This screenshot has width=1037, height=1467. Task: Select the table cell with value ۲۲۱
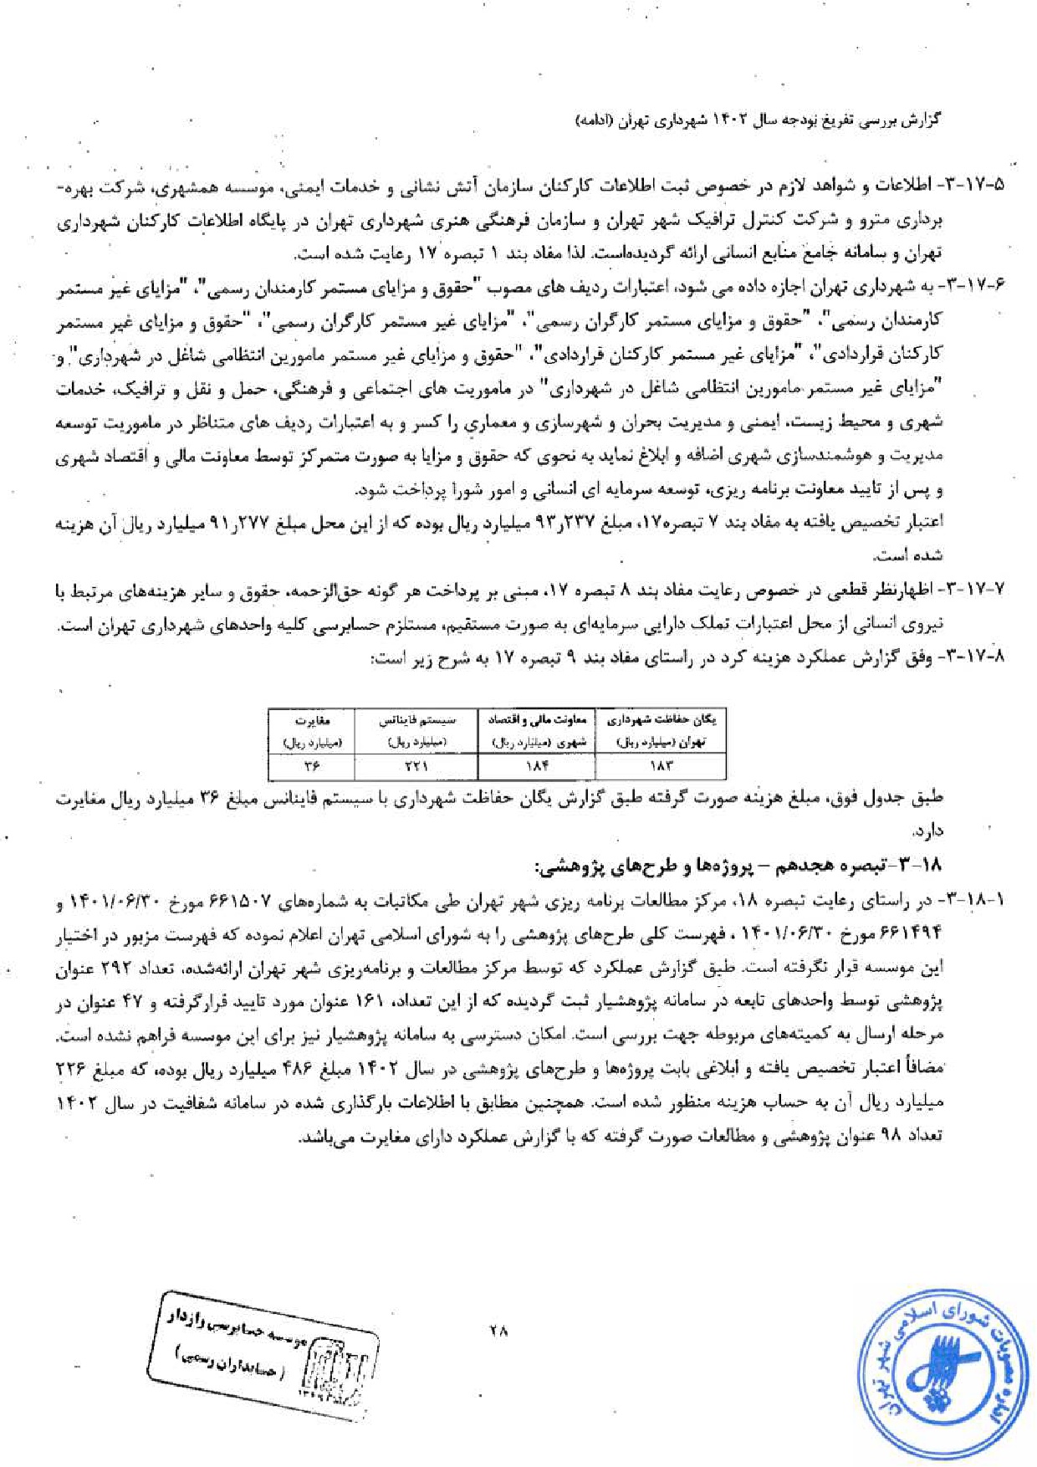tap(415, 765)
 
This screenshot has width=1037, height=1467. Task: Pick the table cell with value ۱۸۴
tap(535, 765)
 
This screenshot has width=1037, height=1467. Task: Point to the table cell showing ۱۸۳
tap(660, 765)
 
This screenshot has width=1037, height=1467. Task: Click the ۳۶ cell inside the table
tap(311, 765)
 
